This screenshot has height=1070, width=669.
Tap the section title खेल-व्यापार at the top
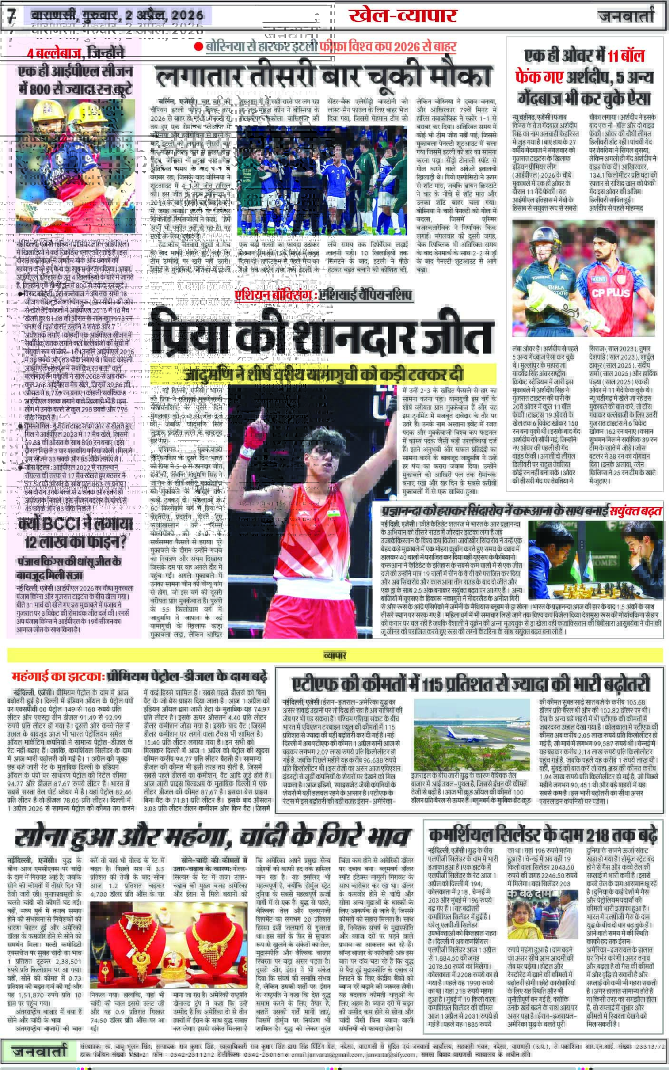402,16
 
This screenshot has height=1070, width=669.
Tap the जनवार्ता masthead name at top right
626,16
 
